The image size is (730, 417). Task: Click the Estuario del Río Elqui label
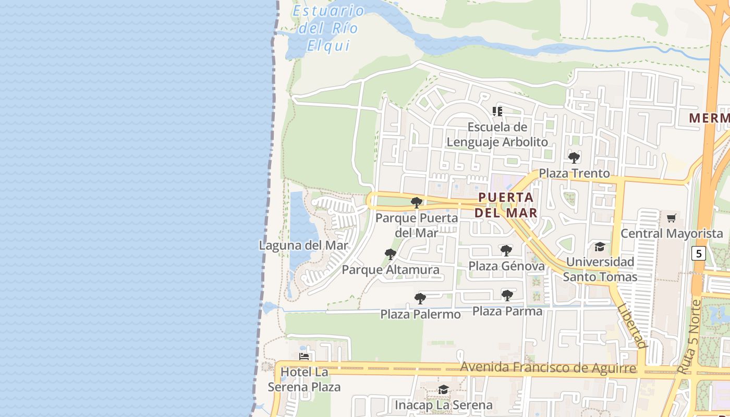click(328, 28)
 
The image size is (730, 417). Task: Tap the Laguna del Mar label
click(303, 245)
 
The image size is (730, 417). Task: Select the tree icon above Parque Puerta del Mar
click(416, 202)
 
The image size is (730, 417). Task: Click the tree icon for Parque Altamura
click(390, 254)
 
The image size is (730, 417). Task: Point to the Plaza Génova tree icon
click(506, 251)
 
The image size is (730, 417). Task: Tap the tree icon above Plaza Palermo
click(420, 299)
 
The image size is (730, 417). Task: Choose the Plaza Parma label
click(507, 311)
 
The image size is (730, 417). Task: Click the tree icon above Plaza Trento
click(574, 157)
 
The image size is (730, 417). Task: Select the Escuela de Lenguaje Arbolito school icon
click(497, 111)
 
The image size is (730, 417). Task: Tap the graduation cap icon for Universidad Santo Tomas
click(600, 247)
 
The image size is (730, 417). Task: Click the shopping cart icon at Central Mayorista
click(671, 218)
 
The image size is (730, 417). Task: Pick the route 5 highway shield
click(699, 254)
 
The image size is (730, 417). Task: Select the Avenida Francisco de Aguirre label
click(548, 368)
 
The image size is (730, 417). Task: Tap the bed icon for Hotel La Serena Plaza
click(304, 357)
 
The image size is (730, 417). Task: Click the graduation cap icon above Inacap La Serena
click(443, 389)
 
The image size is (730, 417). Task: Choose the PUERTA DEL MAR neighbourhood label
click(506, 205)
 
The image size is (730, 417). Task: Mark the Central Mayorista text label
click(672, 234)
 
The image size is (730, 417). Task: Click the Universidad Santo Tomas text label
click(600, 269)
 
